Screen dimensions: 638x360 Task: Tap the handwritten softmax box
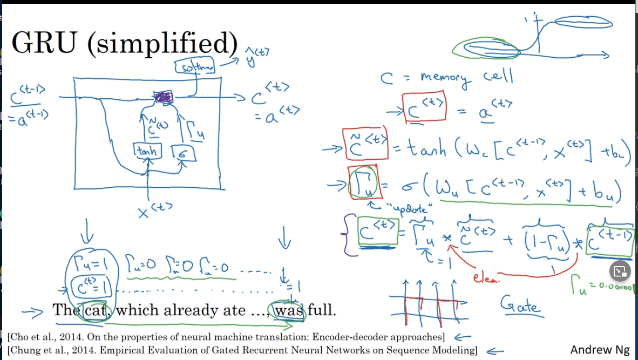(195, 67)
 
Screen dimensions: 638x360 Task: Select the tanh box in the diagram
(146, 152)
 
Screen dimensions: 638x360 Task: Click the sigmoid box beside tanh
(182, 153)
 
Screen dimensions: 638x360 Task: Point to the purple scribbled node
(164, 98)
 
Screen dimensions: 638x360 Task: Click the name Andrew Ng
(600, 350)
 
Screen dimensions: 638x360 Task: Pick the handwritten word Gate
(521, 305)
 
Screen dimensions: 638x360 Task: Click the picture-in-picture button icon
(620, 271)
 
